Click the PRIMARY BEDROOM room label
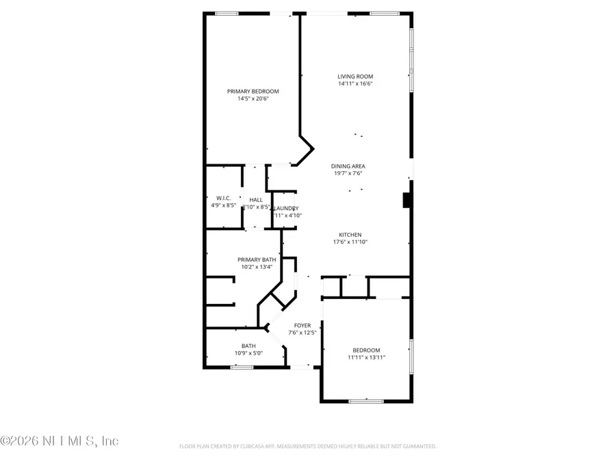coord(253,91)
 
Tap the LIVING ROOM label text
coord(355,76)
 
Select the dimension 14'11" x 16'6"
coord(355,84)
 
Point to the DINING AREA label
coord(348,166)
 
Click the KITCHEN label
coord(350,234)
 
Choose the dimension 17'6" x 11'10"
coord(350,242)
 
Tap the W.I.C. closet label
coord(223,198)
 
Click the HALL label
coord(255,199)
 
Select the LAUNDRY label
coord(287,208)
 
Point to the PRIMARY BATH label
coord(257,259)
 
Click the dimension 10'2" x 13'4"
coord(257,267)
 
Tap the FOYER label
coord(303,325)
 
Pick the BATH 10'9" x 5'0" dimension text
coord(248,353)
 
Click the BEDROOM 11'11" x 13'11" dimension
coord(366,357)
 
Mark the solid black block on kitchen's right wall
coord(407,199)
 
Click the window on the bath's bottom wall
coord(241,368)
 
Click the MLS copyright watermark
coord(60,441)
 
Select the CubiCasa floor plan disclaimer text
coord(307,446)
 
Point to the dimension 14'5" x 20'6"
coord(253,99)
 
